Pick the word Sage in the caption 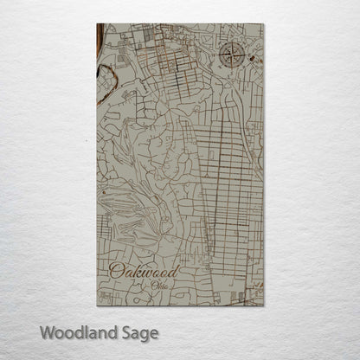pos(141,333)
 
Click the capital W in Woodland pos(48,331)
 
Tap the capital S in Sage pos(126,331)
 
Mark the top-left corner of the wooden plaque pos(95,25)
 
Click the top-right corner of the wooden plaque pos(264,25)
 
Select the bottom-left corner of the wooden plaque pos(95,306)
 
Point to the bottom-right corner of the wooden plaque pos(264,306)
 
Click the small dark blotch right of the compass pos(252,59)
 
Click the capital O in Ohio pos(152,286)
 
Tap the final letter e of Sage pos(155,333)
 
